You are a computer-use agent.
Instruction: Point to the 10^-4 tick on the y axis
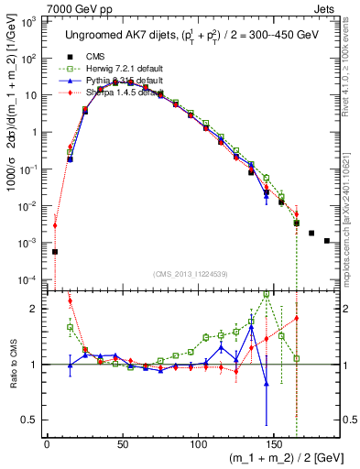point(30,279)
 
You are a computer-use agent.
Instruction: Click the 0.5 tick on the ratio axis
point(33,420)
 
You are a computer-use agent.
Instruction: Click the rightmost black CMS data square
point(327,241)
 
